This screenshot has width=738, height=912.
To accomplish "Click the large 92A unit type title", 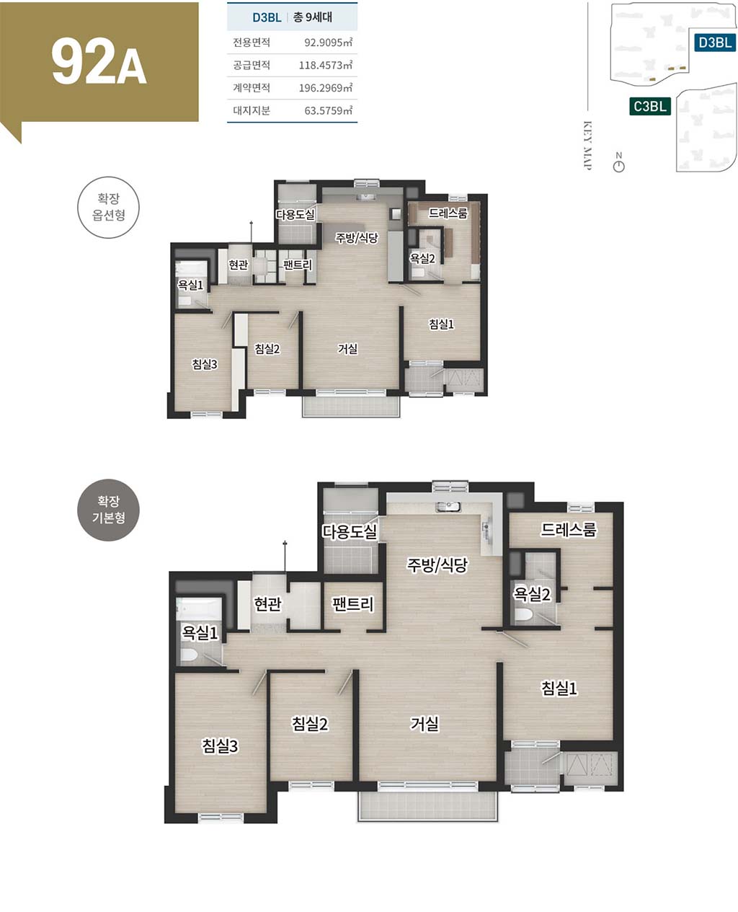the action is click(99, 63).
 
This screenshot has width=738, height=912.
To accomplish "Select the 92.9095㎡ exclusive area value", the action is click(328, 43).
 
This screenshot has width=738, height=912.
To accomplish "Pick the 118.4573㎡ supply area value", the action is click(325, 65).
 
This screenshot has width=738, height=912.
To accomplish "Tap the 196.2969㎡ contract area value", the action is click(325, 88).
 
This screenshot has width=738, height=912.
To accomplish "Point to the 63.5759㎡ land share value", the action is click(328, 110).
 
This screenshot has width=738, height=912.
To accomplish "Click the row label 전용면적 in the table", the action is click(252, 43).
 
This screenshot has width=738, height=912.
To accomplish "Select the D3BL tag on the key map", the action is click(714, 43).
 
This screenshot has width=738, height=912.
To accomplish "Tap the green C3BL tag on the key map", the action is click(650, 106).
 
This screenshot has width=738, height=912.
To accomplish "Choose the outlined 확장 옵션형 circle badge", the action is click(108, 207).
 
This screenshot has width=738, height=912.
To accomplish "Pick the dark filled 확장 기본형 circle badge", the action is click(108, 510).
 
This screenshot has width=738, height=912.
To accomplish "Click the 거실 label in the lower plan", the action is click(424, 724).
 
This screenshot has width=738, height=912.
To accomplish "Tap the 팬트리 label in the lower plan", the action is click(352, 603).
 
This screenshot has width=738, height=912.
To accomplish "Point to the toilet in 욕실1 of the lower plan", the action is click(188, 655).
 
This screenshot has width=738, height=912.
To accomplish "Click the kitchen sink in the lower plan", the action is click(448, 507).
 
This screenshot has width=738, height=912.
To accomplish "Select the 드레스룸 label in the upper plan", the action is click(448, 213).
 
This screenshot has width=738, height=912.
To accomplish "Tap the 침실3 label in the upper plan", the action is click(204, 364).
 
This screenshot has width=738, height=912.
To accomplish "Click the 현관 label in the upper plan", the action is click(238, 265).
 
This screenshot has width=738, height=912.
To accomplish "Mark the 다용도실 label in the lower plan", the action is click(350, 531).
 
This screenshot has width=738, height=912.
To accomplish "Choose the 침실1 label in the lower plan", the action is click(559, 688).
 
